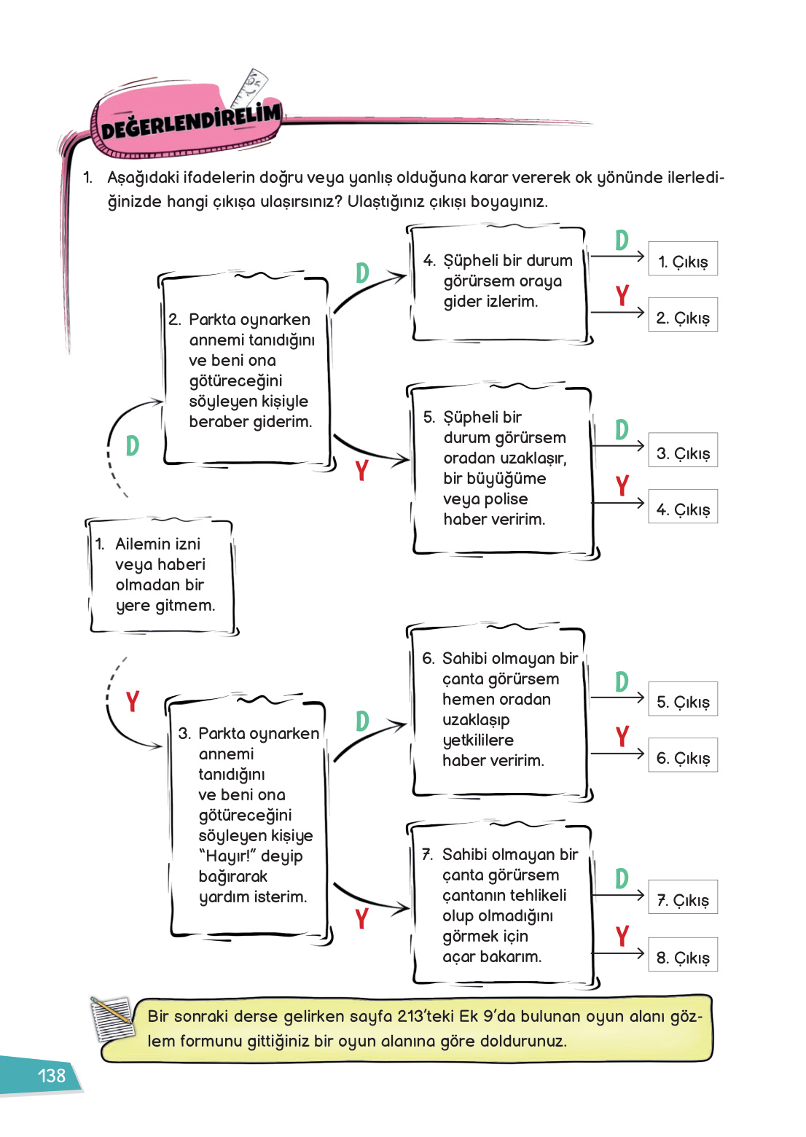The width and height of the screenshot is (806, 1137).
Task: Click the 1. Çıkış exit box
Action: tap(683, 259)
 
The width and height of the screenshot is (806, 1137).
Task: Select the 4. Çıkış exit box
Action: tap(683, 507)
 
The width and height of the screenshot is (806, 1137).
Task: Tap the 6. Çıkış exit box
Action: tap(683, 755)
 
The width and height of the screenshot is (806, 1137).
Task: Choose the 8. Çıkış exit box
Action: tap(683, 955)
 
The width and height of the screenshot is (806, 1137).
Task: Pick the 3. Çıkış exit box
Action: tap(683, 450)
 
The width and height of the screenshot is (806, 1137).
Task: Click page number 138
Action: tap(51, 1076)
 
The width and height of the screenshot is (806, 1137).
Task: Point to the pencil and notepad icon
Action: tap(111, 1018)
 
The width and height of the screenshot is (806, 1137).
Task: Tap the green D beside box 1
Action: tap(132, 445)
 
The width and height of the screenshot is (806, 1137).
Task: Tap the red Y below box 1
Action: tap(132, 701)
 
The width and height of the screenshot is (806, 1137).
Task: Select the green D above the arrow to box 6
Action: tap(362, 721)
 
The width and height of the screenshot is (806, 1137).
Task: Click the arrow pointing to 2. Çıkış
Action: tap(617, 312)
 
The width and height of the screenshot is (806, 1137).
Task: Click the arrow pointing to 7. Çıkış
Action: tap(617, 895)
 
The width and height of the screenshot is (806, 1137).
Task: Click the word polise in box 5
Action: tap(506, 499)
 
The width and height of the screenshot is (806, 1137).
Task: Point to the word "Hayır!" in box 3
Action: tap(227, 856)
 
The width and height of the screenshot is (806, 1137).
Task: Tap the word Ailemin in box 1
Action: tap(157, 544)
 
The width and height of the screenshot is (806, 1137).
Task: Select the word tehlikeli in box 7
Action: tap(539, 895)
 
